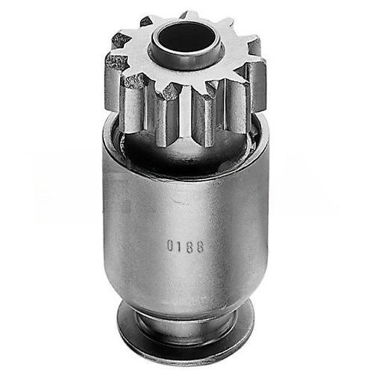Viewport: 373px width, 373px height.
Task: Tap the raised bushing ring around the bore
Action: click(184, 62)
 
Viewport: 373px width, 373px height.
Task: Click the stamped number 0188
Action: click(185, 246)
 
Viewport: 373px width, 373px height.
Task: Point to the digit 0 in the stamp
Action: click(170, 245)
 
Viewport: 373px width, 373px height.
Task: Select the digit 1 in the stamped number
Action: click(180, 246)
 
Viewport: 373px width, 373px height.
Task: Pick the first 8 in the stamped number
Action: click(189, 246)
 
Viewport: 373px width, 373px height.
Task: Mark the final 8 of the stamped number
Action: click(199, 247)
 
